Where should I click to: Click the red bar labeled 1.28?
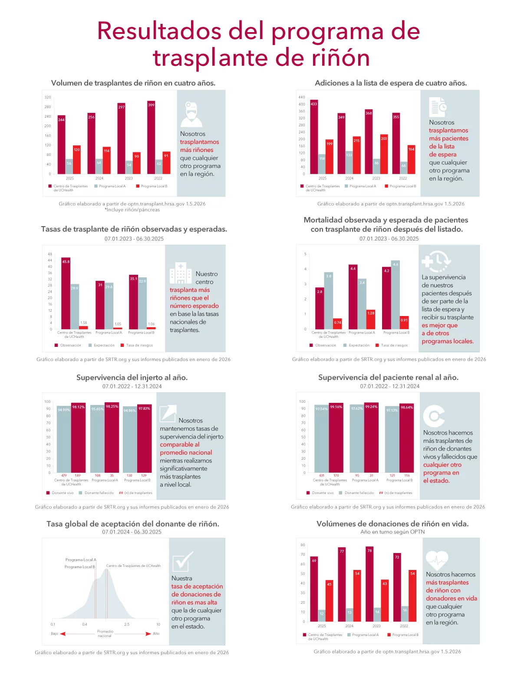pyautogui.click(x=371, y=319)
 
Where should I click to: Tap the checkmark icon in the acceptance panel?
pyautogui.click(x=182, y=562)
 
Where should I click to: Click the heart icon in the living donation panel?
pyautogui.click(x=437, y=560)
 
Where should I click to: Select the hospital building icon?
pyautogui.click(x=181, y=273)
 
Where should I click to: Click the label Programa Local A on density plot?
pyautogui.click(x=81, y=560)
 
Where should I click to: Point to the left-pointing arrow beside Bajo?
pyautogui.click(x=63, y=634)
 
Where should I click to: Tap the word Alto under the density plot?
pyautogui.click(x=156, y=634)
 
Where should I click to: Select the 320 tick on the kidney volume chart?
pyautogui.click(x=48, y=97)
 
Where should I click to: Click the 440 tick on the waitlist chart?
pyautogui.click(x=301, y=97)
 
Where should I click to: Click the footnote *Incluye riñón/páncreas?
pyautogui.click(x=132, y=210)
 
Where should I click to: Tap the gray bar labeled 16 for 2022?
pyautogui.click(x=405, y=614)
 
